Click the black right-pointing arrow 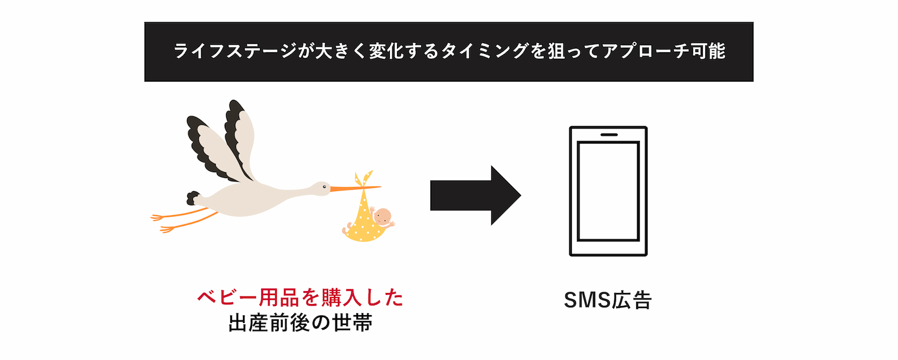click(x=474, y=196)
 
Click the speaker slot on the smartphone click(x=608, y=136)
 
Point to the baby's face click(x=383, y=217)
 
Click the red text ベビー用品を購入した click(x=300, y=298)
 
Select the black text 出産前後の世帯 click(x=300, y=323)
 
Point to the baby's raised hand click(x=393, y=224)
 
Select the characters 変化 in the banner click(x=387, y=52)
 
